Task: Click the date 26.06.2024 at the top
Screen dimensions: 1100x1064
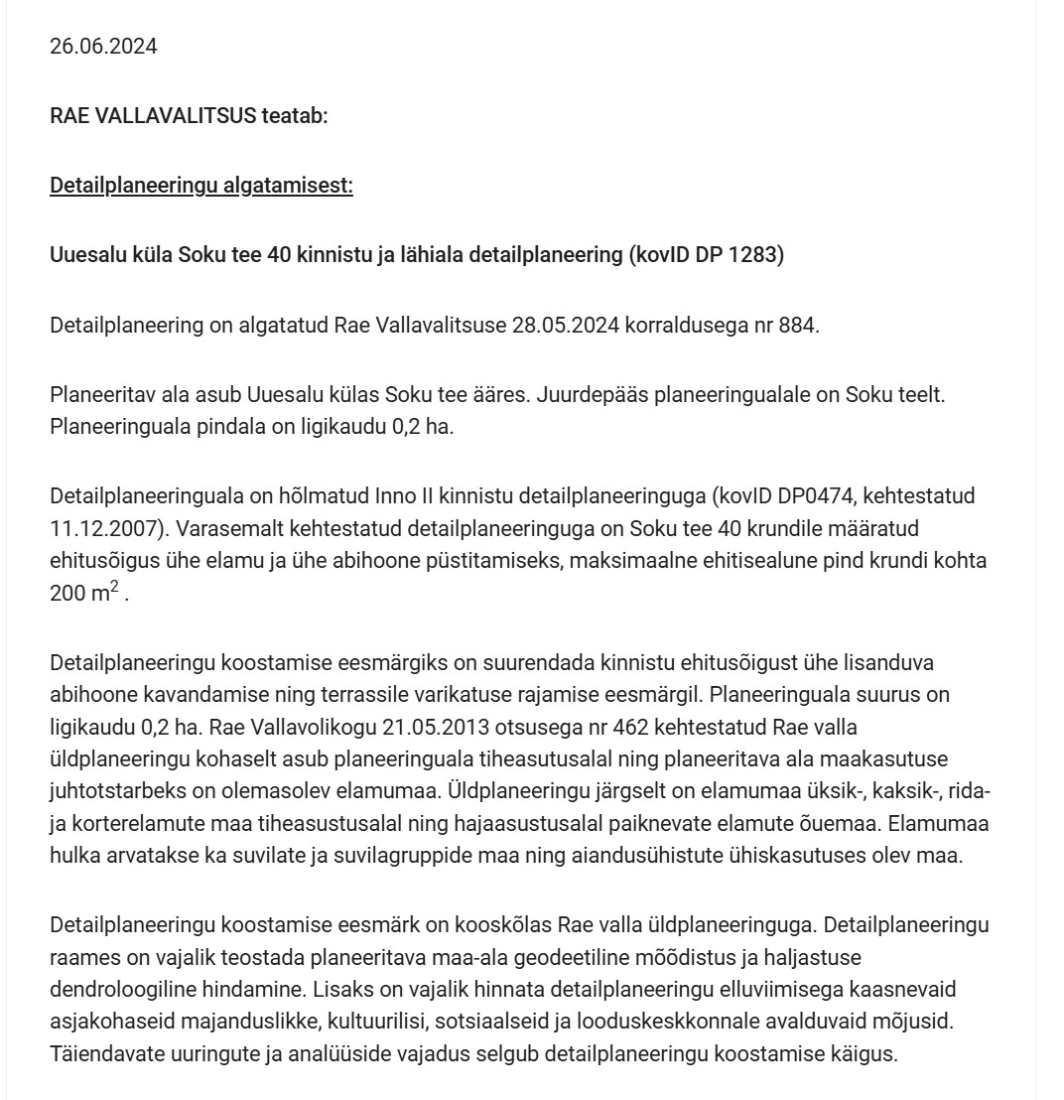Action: coord(103,47)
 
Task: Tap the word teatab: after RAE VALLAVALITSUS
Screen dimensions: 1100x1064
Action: coord(294,116)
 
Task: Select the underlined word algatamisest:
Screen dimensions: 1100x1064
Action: coord(295,186)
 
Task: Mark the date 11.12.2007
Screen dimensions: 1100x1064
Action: coord(98,527)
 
